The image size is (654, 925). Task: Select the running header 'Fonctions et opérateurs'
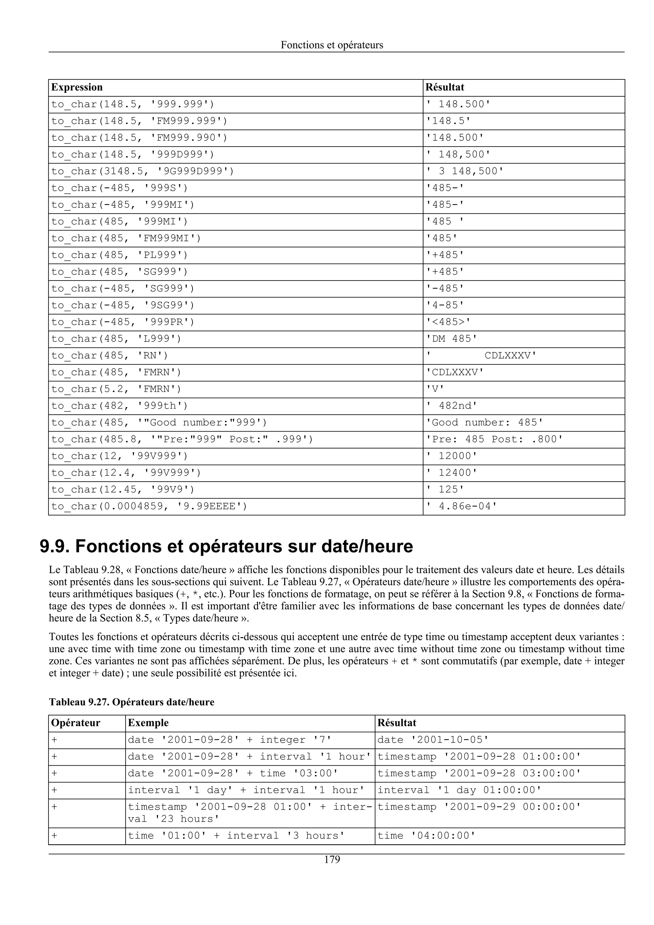tap(332, 45)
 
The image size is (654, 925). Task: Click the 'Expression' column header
tap(77, 87)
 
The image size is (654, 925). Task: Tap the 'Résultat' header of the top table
tap(445, 87)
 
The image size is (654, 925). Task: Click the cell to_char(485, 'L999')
tap(117, 339)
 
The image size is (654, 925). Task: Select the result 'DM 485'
tap(451, 339)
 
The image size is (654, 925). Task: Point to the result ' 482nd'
tap(451, 406)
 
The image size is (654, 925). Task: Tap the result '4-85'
tap(445, 305)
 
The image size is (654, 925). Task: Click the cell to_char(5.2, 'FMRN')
tap(117, 389)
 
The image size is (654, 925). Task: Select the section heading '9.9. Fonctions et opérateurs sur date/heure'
tap(226, 547)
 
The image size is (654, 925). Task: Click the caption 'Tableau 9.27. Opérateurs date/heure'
tap(132, 702)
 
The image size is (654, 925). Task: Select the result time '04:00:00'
tap(426, 836)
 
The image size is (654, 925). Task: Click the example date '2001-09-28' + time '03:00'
tap(233, 773)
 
